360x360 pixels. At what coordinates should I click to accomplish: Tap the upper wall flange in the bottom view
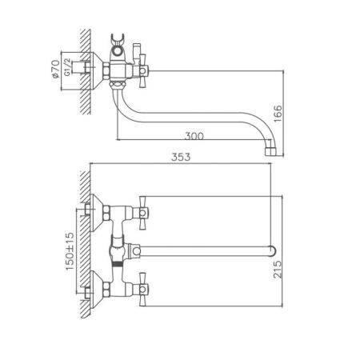[97, 210]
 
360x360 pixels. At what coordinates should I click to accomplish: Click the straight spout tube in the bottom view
[204, 248]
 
